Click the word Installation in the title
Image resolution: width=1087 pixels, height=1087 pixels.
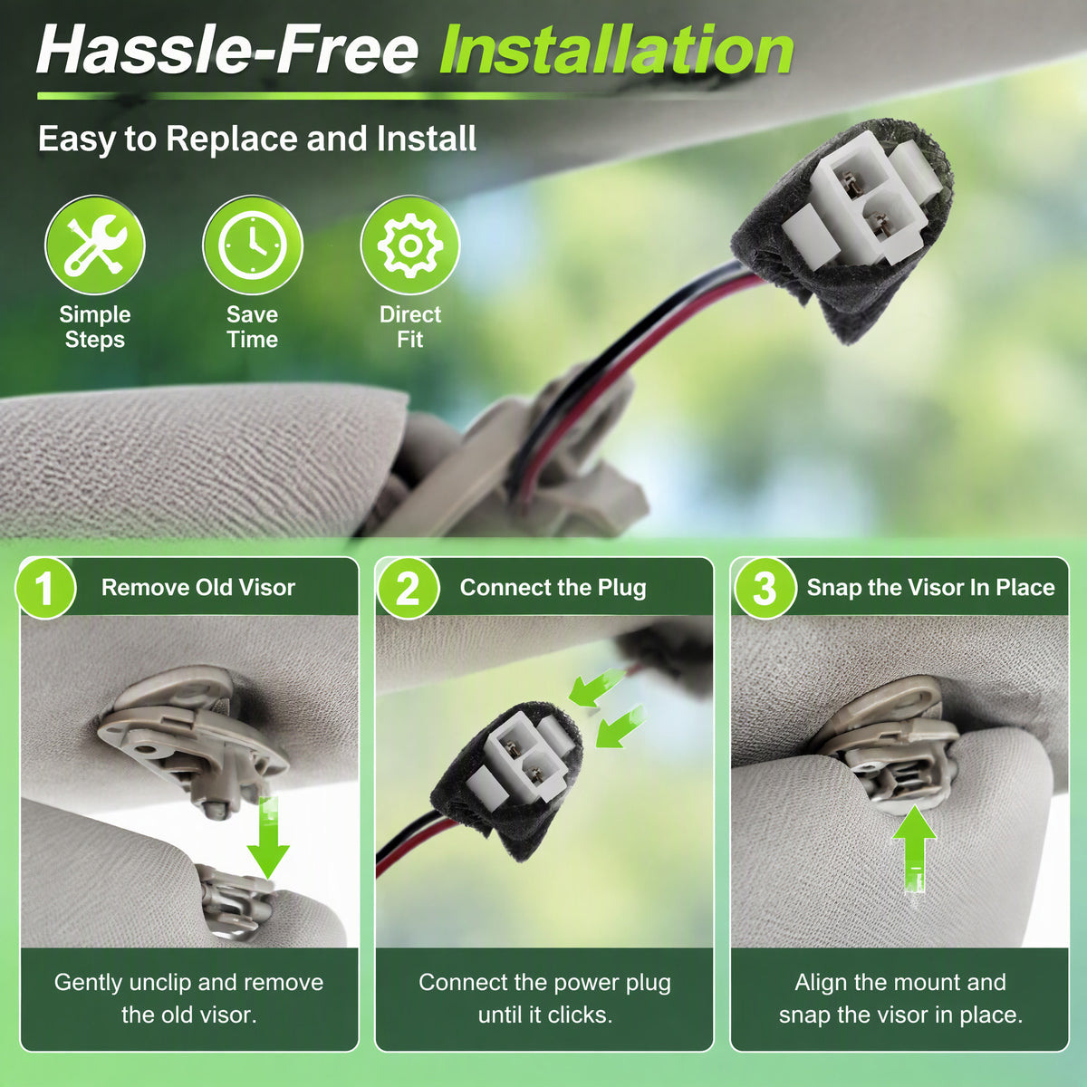pyautogui.click(x=617, y=51)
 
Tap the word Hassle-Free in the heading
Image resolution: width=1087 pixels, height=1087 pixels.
pyautogui.click(x=227, y=50)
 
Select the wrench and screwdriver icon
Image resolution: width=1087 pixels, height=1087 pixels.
pyautogui.click(x=95, y=245)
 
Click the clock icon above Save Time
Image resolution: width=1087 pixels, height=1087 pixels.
pyautogui.click(x=253, y=245)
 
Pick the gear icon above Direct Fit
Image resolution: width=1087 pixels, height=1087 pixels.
pyautogui.click(x=410, y=245)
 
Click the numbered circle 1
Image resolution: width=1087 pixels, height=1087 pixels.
pyautogui.click(x=45, y=589)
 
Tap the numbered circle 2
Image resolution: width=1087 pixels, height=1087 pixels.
pyautogui.click(x=408, y=589)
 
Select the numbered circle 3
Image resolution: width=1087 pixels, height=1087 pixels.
pyautogui.click(x=765, y=589)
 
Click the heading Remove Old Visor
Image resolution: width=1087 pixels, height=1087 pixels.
pyautogui.click(x=198, y=587)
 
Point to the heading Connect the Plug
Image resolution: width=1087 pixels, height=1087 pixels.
pyautogui.click(x=553, y=588)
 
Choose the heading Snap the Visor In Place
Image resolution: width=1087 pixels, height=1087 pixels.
pyautogui.click(x=931, y=588)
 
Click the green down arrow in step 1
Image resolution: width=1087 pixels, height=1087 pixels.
pyautogui.click(x=268, y=838)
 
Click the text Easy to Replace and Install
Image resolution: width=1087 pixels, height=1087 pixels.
pyautogui.click(x=257, y=139)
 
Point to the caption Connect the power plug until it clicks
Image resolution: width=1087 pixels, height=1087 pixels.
pyautogui.click(x=545, y=998)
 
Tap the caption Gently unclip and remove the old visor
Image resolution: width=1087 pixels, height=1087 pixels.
pyautogui.click(x=189, y=998)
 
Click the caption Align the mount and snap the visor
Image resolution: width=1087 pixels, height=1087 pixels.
pyautogui.click(x=900, y=998)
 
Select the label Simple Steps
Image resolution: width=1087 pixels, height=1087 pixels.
pyautogui.click(x=95, y=327)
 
